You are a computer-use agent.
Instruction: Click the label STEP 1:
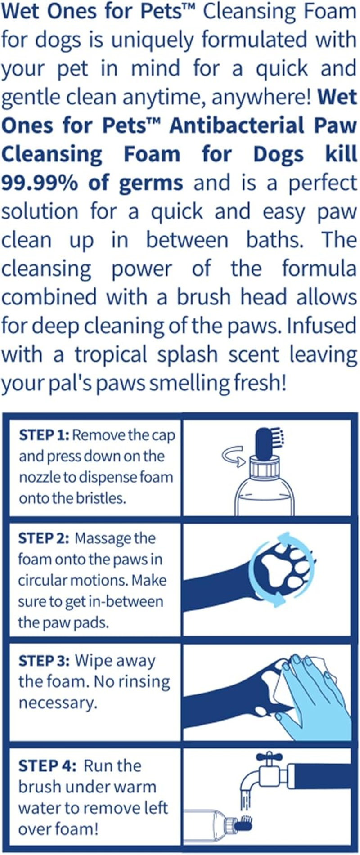click(44, 435)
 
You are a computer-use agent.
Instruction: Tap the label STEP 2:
click(43, 538)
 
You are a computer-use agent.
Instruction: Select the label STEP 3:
click(44, 661)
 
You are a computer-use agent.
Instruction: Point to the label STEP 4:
click(47, 765)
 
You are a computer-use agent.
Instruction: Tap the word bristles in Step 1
click(100, 498)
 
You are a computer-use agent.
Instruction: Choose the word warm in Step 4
click(136, 787)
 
